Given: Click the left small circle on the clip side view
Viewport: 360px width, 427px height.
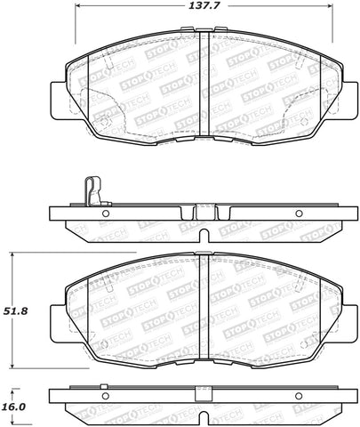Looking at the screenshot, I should pyautogui.click(x=105, y=213).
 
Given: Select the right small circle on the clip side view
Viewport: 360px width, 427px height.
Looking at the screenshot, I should pyautogui.click(x=298, y=213).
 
